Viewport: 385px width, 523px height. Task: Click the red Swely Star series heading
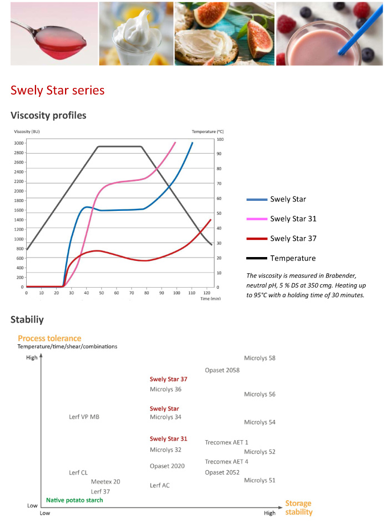[x=57, y=90]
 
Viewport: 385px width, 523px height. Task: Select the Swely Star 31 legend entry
[x=293, y=219]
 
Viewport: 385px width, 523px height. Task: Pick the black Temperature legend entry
[x=293, y=258]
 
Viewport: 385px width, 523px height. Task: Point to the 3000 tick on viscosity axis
[x=19, y=143]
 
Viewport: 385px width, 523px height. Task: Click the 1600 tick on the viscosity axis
[x=19, y=210]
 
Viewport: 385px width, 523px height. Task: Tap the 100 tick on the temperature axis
[x=220, y=139]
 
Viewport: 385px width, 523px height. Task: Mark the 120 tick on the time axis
[x=207, y=292]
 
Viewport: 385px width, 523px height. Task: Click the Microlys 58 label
[x=259, y=358]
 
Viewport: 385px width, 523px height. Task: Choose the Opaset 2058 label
[x=222, y=370]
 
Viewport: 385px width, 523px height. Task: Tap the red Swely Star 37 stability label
[x=168, y=379]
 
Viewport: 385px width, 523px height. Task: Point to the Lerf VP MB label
[x=84, y=417]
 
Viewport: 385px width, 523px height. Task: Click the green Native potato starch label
[x=74, y=500]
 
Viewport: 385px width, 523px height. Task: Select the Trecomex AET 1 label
[x=226, y=442]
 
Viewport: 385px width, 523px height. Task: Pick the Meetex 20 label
[x=105, y=482]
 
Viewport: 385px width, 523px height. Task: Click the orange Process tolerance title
[x=49, y=338]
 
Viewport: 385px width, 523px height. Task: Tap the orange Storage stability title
[x=298, y=507]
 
